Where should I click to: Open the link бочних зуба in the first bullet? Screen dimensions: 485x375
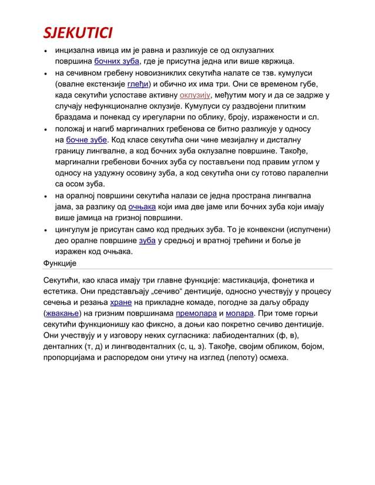point(116,61)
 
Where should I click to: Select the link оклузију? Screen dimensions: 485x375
point(195,95)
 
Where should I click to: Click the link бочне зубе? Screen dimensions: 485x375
point(86,140)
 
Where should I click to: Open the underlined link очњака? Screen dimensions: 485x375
point(142,207)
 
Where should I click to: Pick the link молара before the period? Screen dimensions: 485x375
point(239,314)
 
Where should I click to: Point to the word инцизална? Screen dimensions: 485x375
point(76,50)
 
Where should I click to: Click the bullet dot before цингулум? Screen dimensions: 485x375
point(45,230)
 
